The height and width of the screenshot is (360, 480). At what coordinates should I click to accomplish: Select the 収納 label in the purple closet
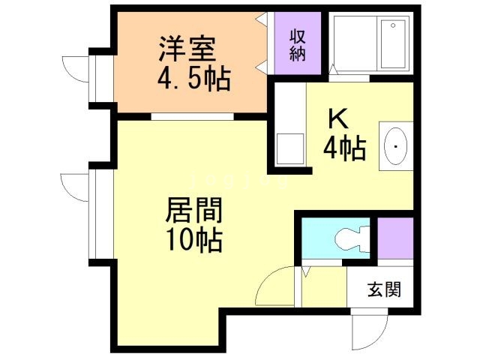[298, 45]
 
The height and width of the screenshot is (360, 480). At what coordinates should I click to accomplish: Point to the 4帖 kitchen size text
[344, 149]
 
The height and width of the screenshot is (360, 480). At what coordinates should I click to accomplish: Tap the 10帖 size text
[193, 240]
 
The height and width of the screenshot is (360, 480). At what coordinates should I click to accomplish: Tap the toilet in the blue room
[347, 239]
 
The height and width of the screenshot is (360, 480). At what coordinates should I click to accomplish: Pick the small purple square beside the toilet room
[394, 238]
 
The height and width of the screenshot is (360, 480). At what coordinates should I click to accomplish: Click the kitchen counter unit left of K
[289, 149]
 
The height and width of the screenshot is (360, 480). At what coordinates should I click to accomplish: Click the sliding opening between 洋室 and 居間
[190, 117]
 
